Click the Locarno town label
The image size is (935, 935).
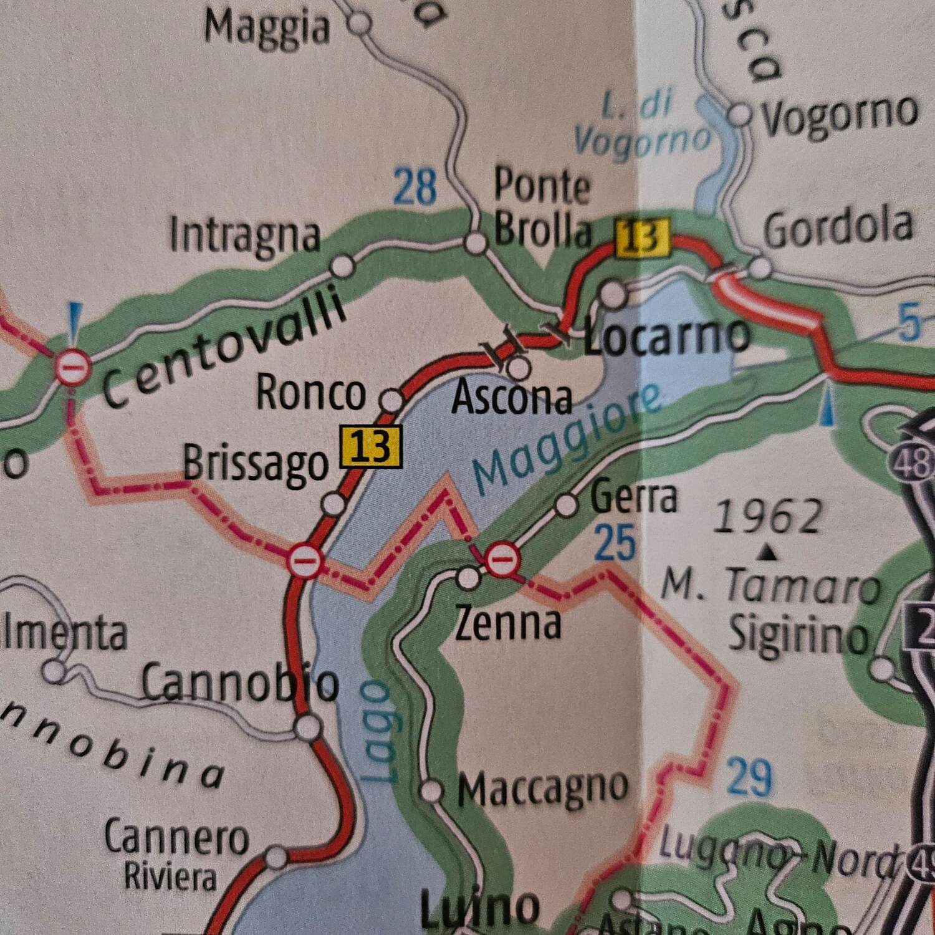tap(667, 337)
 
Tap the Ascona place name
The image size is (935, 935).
tap(512, 398)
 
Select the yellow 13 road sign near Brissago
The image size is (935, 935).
tap(371, 447)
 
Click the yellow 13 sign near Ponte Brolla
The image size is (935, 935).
tap(642, 237)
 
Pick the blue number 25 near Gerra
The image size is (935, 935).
tap(615, 542)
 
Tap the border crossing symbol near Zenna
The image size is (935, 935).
tap(502, 559)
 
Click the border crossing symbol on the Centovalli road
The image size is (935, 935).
tap(74, 367)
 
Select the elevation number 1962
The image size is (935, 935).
tap(767, 518)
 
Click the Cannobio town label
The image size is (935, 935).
tap(240, 683)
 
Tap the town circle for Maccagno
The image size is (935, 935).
tap(431, 791)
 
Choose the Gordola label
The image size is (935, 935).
tap(838, 228)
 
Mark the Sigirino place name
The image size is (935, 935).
tap(798, 635)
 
